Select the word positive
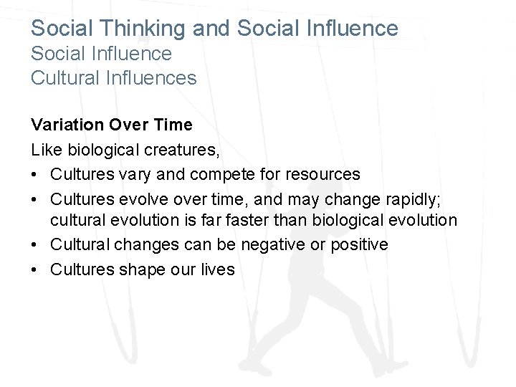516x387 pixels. (x=357, y=245)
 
